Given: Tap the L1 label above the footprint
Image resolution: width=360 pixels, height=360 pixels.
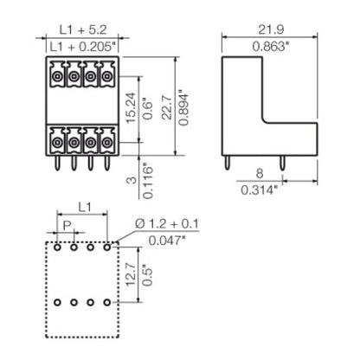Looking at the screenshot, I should (83, 209).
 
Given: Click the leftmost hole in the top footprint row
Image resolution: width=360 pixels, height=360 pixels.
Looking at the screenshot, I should (58, 247).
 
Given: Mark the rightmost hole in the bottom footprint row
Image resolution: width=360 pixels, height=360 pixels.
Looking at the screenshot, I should (107, 304).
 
